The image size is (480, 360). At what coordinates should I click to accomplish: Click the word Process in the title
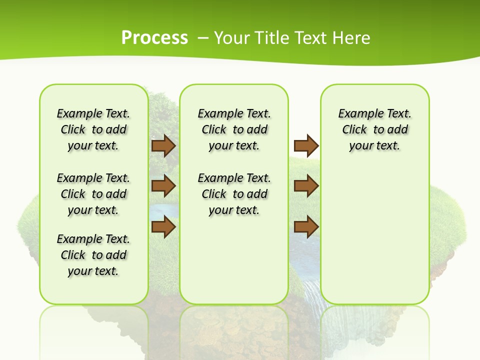click(154, 37)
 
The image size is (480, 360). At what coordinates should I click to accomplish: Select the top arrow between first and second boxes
click(163, 145)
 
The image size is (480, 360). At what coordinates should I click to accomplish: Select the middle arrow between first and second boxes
click(163, 186)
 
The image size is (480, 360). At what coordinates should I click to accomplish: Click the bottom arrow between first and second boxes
click(163, 226)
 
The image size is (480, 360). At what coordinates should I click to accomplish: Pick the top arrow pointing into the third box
click(306, 145)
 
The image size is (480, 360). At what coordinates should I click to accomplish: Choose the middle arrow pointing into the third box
click(306, 186)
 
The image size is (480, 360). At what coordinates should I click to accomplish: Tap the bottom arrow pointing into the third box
click(306, 226)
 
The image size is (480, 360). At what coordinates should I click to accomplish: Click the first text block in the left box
click(93, 129)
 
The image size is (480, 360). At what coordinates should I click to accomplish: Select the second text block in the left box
click(93, 194)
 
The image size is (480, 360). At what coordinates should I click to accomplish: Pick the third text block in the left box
click(93, 255)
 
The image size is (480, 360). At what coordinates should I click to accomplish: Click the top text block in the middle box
click(234, 129)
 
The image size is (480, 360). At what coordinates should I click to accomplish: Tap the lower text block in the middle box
click(234, 194)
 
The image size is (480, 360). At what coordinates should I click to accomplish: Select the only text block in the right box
click(374, 129)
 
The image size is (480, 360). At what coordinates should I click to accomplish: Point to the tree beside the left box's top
click(160, 112)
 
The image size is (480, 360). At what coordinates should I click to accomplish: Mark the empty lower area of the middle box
click(234, 260)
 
